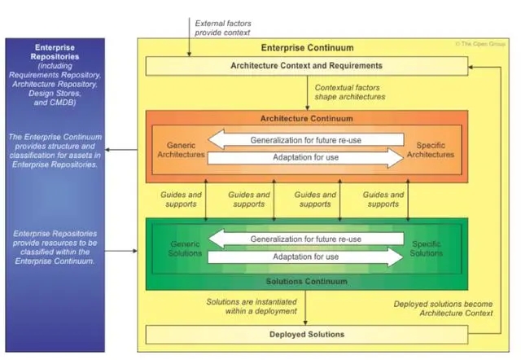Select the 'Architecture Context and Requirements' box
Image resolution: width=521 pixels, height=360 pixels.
click(306, 65)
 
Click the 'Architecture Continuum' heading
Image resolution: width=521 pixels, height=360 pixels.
click(306, 117)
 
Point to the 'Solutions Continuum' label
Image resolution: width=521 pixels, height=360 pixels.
click(306, 282)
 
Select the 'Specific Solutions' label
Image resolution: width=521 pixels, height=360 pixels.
click(427, 249)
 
